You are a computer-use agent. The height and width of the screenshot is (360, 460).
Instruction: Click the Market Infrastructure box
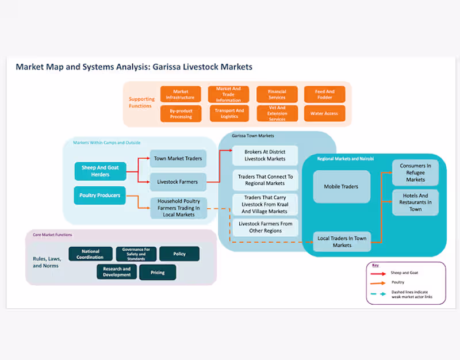pos(181,94)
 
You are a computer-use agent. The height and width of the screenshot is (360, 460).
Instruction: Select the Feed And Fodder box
pos(324,94)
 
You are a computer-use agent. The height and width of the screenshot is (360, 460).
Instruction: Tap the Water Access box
pos(324,113)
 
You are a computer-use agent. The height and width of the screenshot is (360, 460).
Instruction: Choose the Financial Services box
pos(277,94)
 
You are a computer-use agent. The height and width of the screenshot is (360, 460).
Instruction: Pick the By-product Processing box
pos(181,113)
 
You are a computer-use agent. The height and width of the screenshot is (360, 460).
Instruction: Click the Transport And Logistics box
pos(229,113)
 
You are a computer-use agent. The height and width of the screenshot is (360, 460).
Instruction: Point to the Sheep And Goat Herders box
pos(100,171)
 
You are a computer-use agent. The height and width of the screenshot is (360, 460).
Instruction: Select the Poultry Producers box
pos(100,196)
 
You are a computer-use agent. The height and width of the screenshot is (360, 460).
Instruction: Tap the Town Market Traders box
pos(178,158)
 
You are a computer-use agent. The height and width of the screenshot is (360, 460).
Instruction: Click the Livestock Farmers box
pos(178,182)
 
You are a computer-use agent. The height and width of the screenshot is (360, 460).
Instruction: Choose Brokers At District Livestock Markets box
pos(265,155)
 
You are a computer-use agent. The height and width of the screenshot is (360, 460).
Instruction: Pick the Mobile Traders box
pos(342,186)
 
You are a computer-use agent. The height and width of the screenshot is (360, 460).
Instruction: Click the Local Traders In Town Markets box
pos(342,242)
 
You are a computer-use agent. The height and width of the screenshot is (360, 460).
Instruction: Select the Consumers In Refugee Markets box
pos(415,172)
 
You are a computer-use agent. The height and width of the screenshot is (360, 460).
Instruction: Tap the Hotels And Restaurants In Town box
pos(415,202)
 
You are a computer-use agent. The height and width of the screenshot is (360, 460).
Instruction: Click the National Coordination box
pos(90,254)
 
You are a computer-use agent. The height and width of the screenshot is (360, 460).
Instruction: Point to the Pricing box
pos(157,272)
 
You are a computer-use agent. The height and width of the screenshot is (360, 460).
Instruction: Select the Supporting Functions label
pos(141,102)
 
